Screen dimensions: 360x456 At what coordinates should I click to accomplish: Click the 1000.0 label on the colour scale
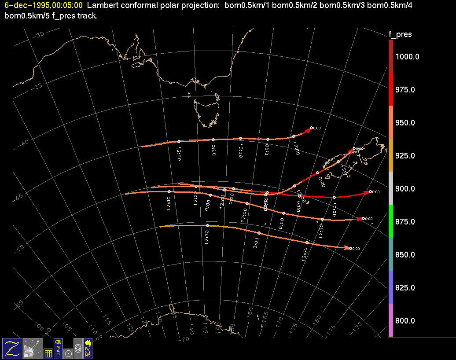[407, 57]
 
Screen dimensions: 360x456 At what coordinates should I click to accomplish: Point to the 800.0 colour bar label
[405, 321]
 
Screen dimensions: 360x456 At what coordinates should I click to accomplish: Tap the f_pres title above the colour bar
[400, 34]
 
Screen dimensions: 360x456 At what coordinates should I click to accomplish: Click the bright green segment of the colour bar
[391, 221]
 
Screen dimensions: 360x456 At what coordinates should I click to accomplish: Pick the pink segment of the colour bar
[391, 320]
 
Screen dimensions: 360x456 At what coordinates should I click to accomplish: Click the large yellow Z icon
[12, 348]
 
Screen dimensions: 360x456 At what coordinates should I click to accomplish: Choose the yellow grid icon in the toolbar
[48, 353]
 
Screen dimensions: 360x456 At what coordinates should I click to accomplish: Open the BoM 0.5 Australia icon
[88, 348]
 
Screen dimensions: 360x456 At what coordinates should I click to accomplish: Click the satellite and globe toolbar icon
[32, 348]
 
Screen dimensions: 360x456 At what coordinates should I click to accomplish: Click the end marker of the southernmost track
[350, 248]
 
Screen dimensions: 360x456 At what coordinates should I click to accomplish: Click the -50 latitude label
[19, 248]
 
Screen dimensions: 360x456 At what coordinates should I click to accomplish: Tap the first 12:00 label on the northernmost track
[179, 154]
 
